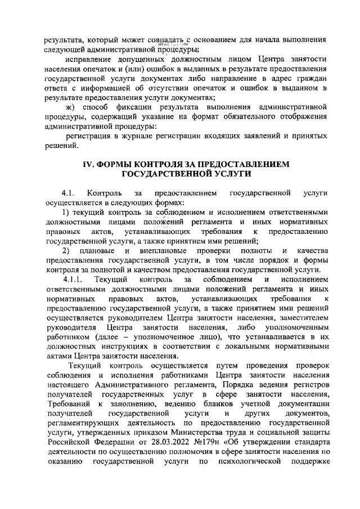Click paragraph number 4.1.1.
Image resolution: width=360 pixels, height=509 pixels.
(73, 280)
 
